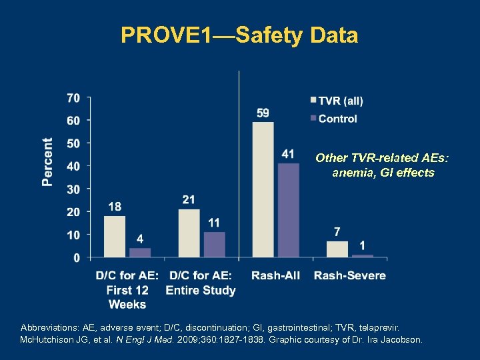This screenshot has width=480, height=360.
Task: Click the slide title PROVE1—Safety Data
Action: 239,35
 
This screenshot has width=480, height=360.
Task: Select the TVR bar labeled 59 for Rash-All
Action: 263,189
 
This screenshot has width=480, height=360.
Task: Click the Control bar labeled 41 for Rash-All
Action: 288,210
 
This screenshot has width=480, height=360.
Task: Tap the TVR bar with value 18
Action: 115,236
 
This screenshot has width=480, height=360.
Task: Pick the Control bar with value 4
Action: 140,252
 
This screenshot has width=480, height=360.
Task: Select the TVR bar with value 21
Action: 189,233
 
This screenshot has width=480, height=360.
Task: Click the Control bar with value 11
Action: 214,244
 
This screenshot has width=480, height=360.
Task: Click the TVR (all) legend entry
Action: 337,101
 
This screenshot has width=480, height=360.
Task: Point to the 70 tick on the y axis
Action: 73,98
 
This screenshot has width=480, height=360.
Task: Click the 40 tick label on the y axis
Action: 73,166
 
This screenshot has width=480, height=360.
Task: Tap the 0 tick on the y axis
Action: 77,257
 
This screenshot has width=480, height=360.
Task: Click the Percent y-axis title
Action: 48,162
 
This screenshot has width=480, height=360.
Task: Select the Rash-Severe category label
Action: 349,275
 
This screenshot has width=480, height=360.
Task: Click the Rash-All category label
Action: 275,275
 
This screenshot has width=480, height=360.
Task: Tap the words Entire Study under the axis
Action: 200,290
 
